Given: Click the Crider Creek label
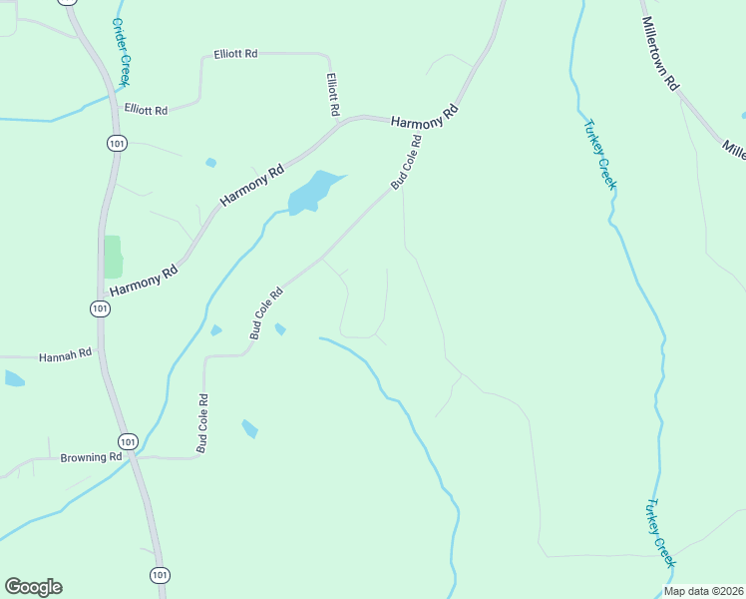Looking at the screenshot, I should [x=123, y=52].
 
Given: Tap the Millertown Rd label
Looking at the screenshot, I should [x=660, y=54].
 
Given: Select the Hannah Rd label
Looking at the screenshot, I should [x=65, y=354].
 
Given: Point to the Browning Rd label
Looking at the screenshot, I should [x=91, y=457].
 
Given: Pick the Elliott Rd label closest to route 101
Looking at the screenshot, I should [x=146, y=109].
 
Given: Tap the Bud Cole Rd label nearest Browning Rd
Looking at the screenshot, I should [x=202, y=423].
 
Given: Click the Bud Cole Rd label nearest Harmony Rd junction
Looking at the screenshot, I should [x=407, y=163].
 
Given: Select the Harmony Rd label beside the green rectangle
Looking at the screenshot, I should [x=144, y=278].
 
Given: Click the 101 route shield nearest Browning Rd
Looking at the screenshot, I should [x=128, y=440].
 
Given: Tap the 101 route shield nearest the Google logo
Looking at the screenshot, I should [x=160, y=574].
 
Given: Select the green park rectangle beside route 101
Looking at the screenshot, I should [x=113, y=257].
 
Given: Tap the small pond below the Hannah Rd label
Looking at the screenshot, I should [x=14, y=378].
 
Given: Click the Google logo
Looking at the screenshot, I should [x=33, y=587].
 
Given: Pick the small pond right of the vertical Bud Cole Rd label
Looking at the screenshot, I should [x=249, y=428].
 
